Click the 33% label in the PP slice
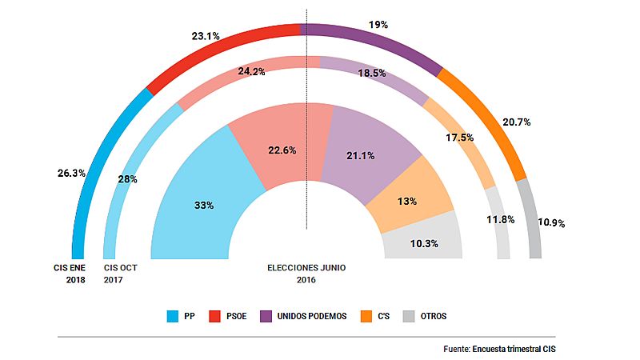[203, 206]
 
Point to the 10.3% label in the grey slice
[423, 243]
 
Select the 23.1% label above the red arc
[206, 35]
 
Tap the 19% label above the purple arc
[377, 25]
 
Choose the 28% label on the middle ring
[127, 179]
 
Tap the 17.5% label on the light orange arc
[458, 138]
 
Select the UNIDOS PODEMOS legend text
[313, 316]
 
